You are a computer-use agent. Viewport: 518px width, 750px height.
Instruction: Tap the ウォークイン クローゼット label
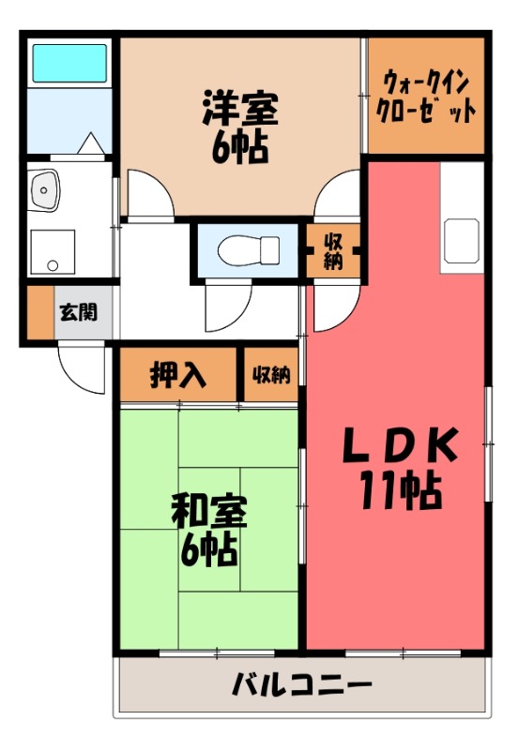[426, 95]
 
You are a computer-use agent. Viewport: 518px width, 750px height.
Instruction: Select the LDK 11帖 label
[398, 466]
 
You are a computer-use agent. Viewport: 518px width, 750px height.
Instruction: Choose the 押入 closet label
[177, 375]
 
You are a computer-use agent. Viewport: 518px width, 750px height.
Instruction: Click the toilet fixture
[248, 250]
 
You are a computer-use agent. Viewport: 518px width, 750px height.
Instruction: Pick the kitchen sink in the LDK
[463, 241]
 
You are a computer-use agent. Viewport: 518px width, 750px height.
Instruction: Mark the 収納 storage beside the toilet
[333, 250]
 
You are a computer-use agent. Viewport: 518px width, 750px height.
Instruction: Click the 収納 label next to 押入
[270, 375]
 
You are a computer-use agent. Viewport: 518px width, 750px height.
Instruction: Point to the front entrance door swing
[83, 367]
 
